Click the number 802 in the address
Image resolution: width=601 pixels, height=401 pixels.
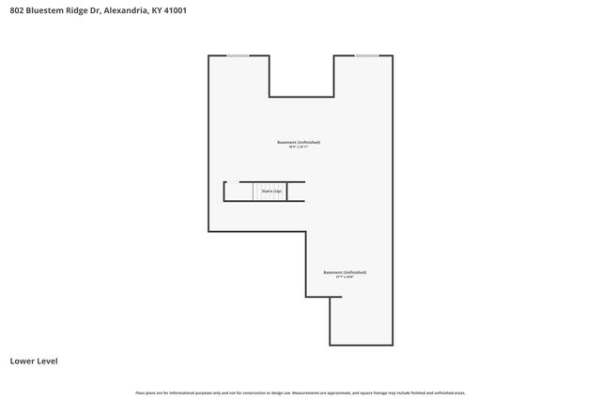17,11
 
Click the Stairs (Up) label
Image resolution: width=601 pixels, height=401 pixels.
271,191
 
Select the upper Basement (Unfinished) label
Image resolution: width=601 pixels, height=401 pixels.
299,142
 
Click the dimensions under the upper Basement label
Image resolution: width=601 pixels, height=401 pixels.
299,147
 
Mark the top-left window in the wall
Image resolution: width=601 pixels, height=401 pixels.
238,56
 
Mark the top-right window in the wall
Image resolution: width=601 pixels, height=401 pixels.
366,56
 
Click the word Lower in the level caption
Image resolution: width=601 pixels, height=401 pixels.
22,360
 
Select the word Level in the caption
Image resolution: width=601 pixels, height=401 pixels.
48,360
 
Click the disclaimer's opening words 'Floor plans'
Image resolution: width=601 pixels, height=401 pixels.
145,393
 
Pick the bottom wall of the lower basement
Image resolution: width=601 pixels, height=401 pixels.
361,345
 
